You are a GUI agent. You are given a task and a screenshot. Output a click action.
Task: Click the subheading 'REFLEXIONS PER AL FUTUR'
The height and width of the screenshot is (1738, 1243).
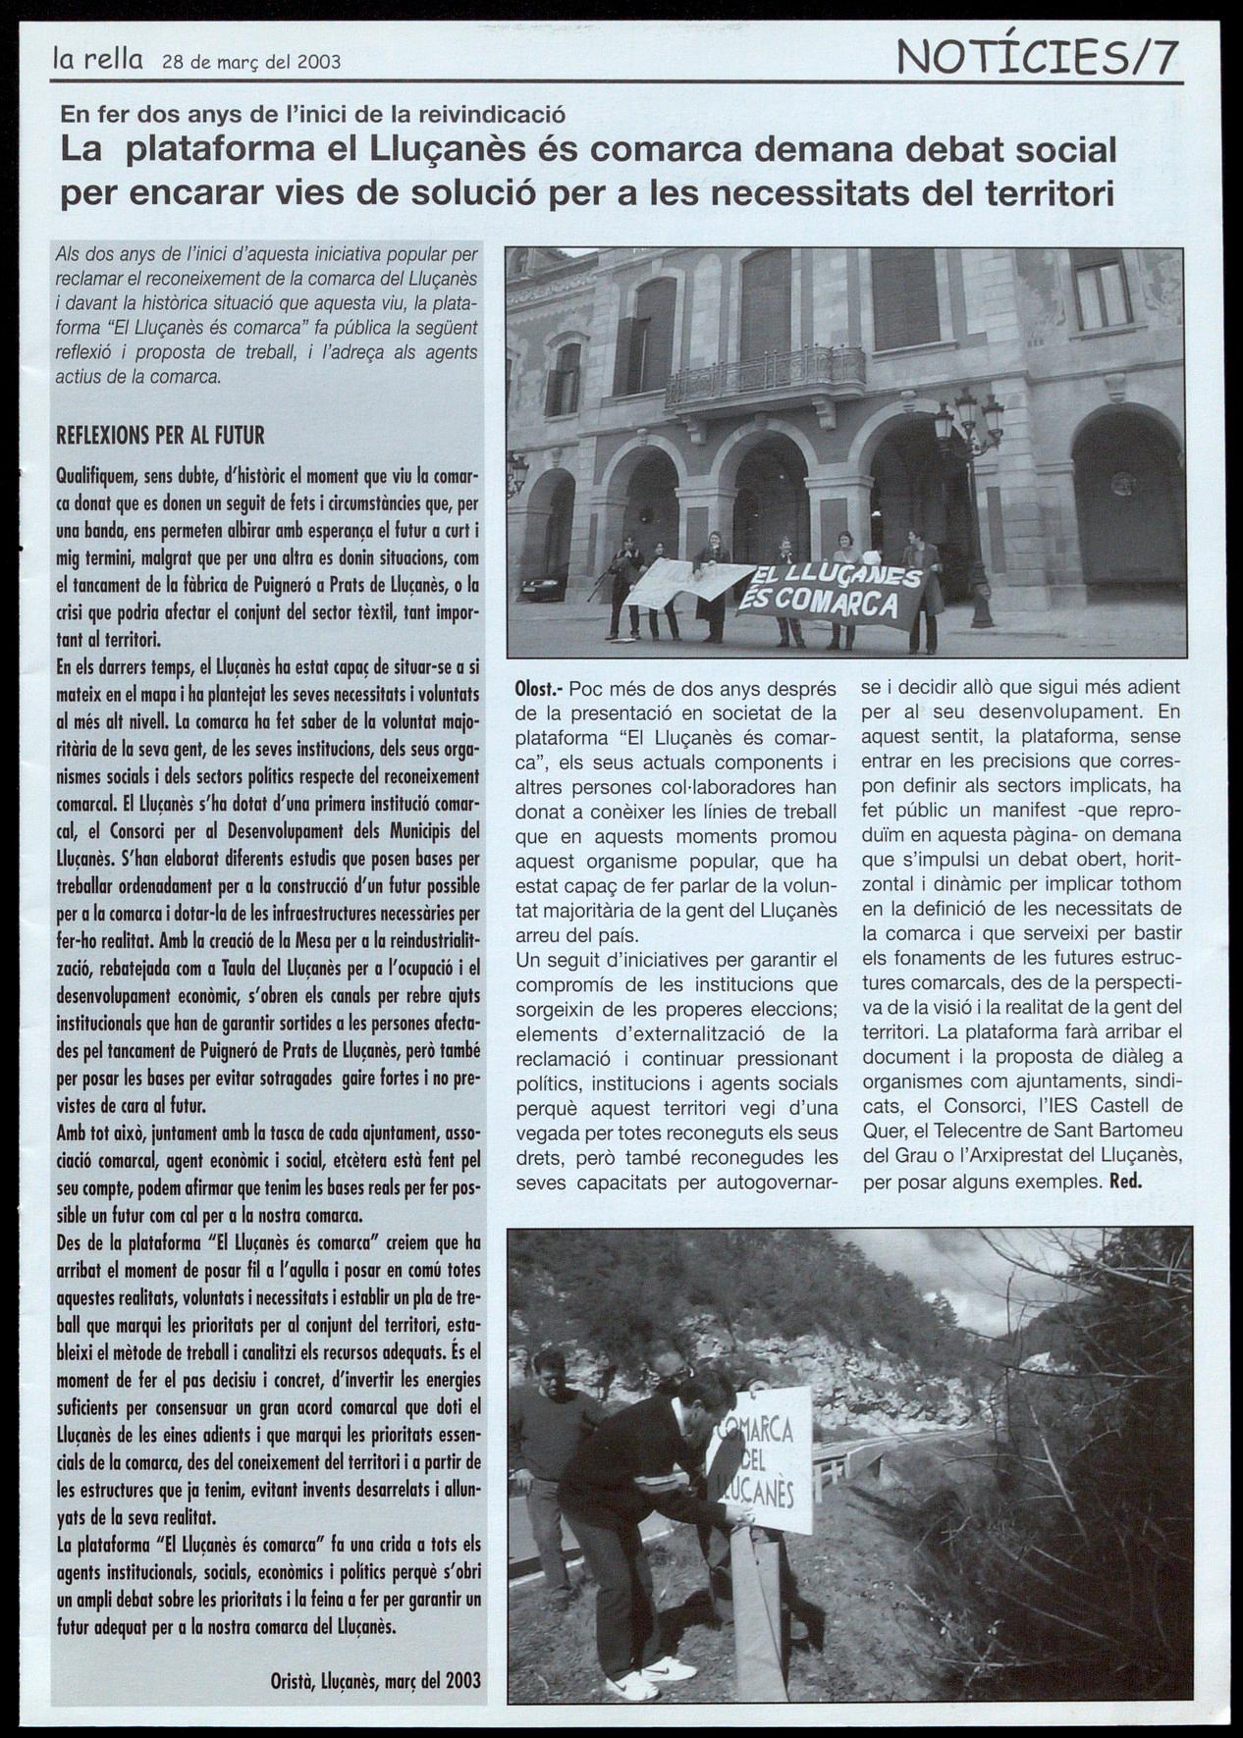tap(160, 435)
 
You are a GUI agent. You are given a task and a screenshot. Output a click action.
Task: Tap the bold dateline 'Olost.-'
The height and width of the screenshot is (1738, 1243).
tap(538, 690)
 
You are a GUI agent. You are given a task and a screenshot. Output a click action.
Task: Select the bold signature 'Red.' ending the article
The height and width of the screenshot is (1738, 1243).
tap(1125, 1181)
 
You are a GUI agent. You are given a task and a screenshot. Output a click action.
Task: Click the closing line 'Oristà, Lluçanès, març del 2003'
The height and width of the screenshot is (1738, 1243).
tap(375, 1679)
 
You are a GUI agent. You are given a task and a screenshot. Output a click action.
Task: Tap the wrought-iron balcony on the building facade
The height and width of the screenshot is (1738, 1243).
tap(764, 376)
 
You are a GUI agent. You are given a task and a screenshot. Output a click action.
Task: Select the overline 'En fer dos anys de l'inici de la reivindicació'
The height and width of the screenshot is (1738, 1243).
tap(312, 114)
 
